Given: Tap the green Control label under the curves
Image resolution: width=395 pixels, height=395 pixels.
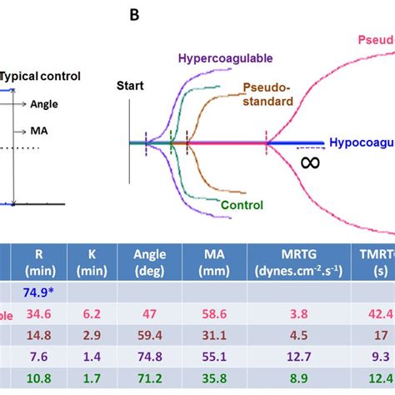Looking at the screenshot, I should [242, 205].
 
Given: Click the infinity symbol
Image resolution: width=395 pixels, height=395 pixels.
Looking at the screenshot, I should [309, 162].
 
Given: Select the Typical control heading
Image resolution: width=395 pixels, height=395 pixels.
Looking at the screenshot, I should [40, 76].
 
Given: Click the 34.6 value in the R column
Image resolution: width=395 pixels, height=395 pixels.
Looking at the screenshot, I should [34, 313].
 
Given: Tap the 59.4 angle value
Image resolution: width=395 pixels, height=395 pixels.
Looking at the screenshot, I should [144, 336].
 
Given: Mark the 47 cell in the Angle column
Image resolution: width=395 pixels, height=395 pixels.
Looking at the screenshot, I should [144, 313].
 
